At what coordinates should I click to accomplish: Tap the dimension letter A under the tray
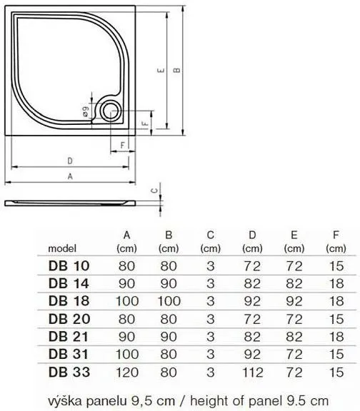pyautogui.click(x=70, y=176)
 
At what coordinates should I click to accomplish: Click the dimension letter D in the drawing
pyautogui.click(x=70, y=161)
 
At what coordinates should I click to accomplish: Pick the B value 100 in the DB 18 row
pyautogui.click(x=168, y=300)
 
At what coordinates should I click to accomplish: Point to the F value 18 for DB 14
pyautogui.click(x=334, y=283)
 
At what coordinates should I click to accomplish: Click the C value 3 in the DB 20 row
pyautogui.click(x=210, y=318)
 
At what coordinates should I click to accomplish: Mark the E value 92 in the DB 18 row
pyautogui.click(x=293, y=300)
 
